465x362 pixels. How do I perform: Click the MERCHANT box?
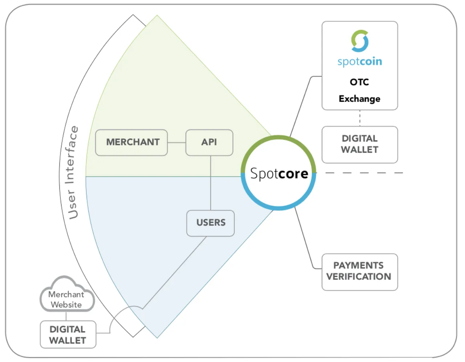click(x=132, y=143)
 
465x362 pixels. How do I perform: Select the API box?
click(x=209, y=143)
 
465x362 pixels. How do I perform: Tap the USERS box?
click(x=211, y=223)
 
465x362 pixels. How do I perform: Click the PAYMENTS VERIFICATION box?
click(x=360, y=272)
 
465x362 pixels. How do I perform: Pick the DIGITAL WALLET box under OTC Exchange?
click(x=360, y=144)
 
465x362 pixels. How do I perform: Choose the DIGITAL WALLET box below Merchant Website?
click(x=68, y=334)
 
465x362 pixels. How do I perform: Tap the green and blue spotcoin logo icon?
click(x=360, y=41)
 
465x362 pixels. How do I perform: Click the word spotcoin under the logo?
click(x=360, y=62)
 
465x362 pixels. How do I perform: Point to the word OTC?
click(x=360, y=82)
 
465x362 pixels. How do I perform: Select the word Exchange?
click(x=360, y=99)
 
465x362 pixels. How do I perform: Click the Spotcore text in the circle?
click(x=279, y=174)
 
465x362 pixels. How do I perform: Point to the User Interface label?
click(x=72, y=173)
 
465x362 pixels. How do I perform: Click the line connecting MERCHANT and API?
click(x=177, y=143)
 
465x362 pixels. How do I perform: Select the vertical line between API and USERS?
click(x=211, y=183)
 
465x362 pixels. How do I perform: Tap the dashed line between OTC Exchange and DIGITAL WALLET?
click(x=360, y=118)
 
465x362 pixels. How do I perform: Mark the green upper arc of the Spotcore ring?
click(x=278, y=137)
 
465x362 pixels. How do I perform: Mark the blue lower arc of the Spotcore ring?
click(x=278, y=208)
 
